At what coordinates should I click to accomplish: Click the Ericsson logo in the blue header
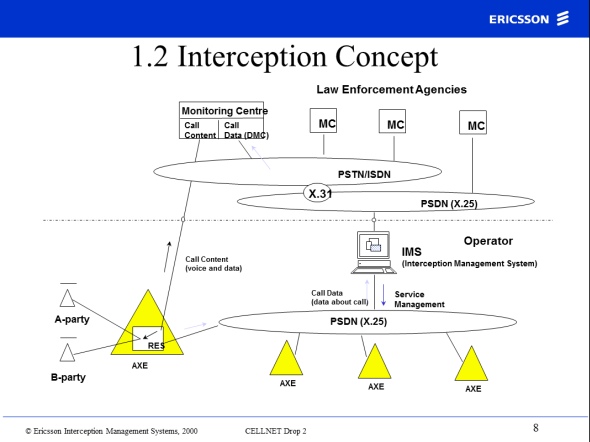(x=529, y=19)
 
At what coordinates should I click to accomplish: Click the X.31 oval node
(x=318, y=193)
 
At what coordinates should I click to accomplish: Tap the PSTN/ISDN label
(x=364, y=175)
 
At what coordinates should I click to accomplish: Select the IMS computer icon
(x=373, y=252)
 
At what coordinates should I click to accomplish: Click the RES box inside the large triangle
(x=148, y=338)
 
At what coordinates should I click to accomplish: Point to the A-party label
(x=72, y=319)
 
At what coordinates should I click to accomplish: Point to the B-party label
(x=68, y=377)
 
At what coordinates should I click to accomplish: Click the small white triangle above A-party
(x=67, y=298)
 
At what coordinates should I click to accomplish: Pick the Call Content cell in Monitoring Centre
(x=199, y=130)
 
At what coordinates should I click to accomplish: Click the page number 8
(x=535, y=428)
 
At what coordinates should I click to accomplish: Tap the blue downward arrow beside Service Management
(x=383, y=295)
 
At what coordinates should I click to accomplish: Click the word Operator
(x=488, y=241)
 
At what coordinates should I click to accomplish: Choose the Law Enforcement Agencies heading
(x=391, y=90)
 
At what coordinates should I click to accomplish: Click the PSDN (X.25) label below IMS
(x=358, y=322)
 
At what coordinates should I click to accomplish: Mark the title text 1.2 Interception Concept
(x=285, y=56)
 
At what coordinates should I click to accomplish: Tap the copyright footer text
(x=111, y=431)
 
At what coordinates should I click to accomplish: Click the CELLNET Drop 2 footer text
(x=275, y=431)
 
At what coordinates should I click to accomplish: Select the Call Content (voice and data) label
(x=213, y=264)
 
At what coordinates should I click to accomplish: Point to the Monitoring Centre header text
(x=225, y=111)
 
